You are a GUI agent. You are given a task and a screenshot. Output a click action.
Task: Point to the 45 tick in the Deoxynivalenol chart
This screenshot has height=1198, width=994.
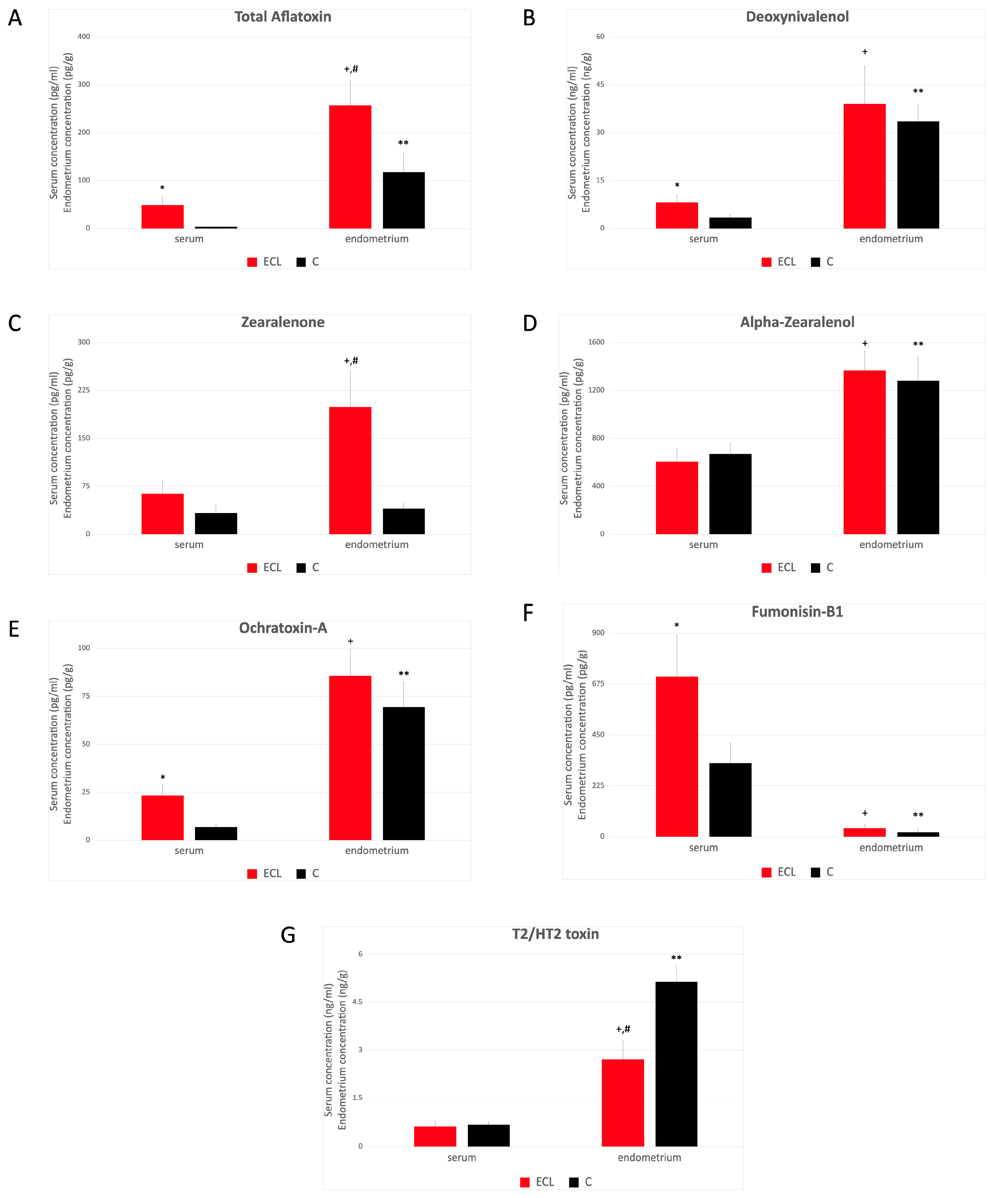coord(600,85)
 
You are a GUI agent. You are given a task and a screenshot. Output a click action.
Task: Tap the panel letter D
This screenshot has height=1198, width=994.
coord(530,324)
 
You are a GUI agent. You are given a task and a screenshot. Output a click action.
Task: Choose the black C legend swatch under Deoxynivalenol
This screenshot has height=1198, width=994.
coord(815,262)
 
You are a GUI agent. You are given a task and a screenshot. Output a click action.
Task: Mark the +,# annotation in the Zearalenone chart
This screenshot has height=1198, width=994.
coord(351,361)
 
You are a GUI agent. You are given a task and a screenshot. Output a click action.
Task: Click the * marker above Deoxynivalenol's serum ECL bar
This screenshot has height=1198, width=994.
coord(677,185)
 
